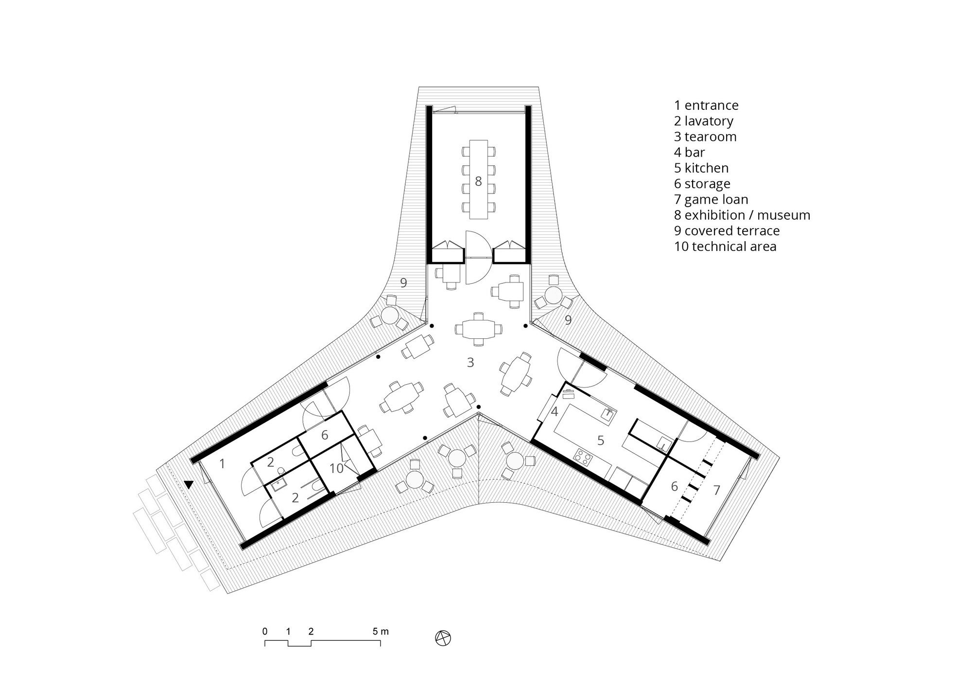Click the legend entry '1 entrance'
coord(706,106)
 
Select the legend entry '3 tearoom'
coord(705,137)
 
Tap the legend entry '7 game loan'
coord(711,199)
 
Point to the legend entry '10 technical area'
coord(725,247)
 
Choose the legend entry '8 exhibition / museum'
coord(742,215)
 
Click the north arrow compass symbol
coord(443,638)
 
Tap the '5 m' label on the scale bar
coord(381,632)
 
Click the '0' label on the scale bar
coord(265,632)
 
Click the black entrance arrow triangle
coord(189,484)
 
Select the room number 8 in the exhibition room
coord(478,181)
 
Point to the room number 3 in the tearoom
coord(470,362)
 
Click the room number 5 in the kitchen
coord(601,440)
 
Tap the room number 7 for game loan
coord(716,490)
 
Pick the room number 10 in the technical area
coord(337,468)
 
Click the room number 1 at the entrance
coord(222,464)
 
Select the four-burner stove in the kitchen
coord(583,456)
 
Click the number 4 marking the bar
coord(555,412)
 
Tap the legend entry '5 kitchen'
coord(701,168)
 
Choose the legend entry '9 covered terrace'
coord(726,231)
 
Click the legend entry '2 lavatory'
coord(703,121)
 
